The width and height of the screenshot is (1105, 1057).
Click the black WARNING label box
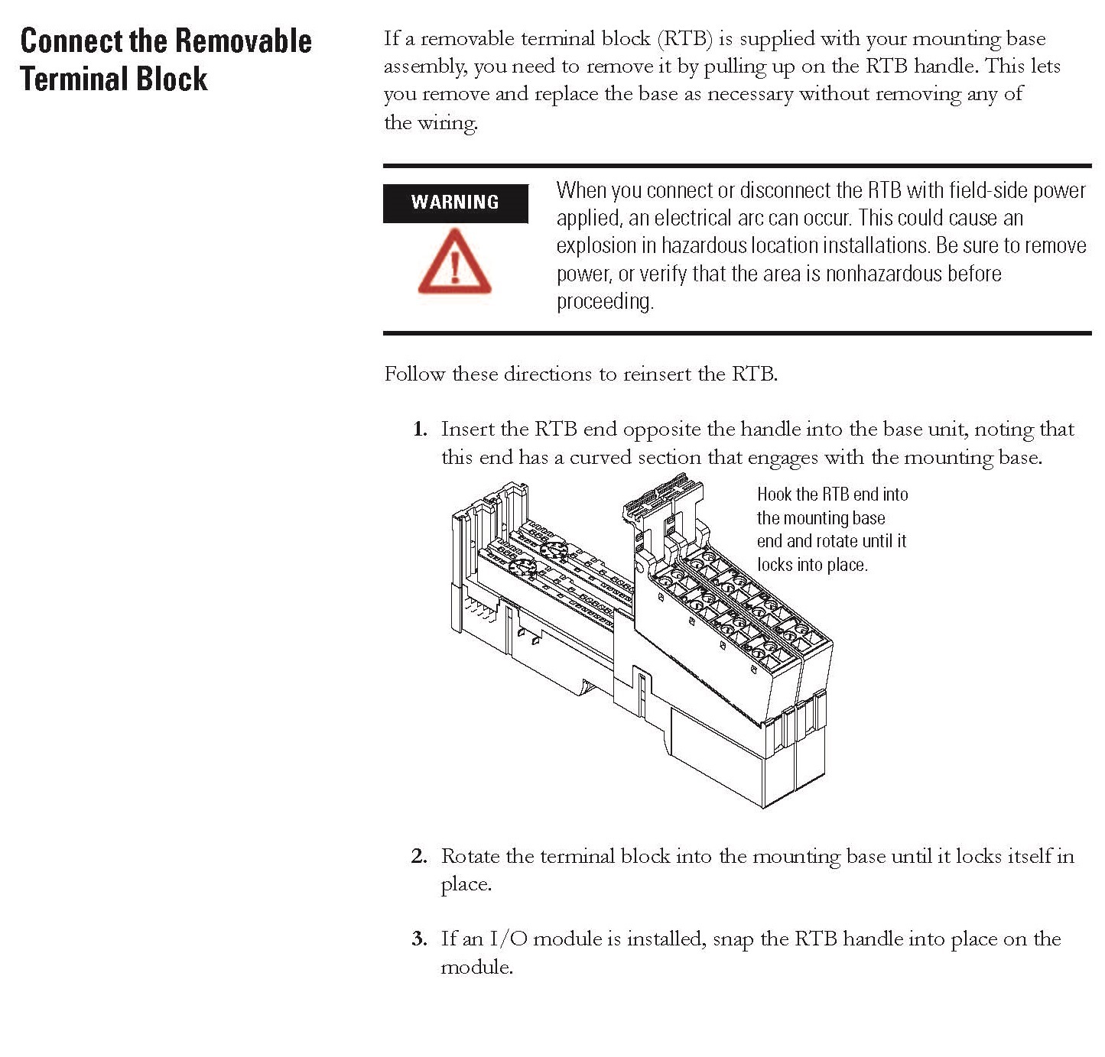click(x=455, y=203)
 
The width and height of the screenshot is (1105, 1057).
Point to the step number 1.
click(x=419, y=430)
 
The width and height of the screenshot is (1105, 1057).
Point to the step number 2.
click(x=419, y=856)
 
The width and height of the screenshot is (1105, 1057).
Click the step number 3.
click(x=419, y=939)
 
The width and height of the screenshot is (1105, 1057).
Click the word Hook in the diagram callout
click(x=774, y=494)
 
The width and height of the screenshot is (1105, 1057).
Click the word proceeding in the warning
click(x=604, y=302)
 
